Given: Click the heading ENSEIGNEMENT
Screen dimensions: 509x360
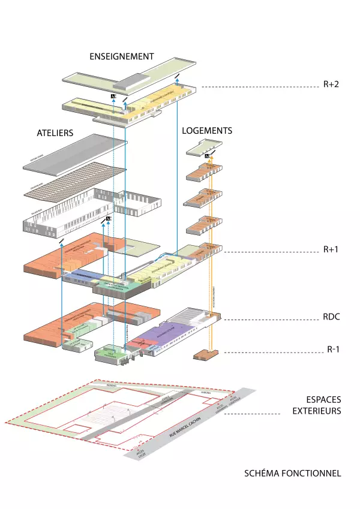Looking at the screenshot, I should (x=122, y=56).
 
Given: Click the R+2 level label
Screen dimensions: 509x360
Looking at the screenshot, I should (x=331, y=85).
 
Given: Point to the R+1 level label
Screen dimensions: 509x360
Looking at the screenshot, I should (x=331, y=248).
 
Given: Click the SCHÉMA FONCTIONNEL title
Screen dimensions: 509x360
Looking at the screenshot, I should (x=293, y=473).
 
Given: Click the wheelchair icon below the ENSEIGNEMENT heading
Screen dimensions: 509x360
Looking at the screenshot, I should (x=113, y=95).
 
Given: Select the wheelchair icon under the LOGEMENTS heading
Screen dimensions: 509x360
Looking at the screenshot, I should (x=206, y=156).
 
